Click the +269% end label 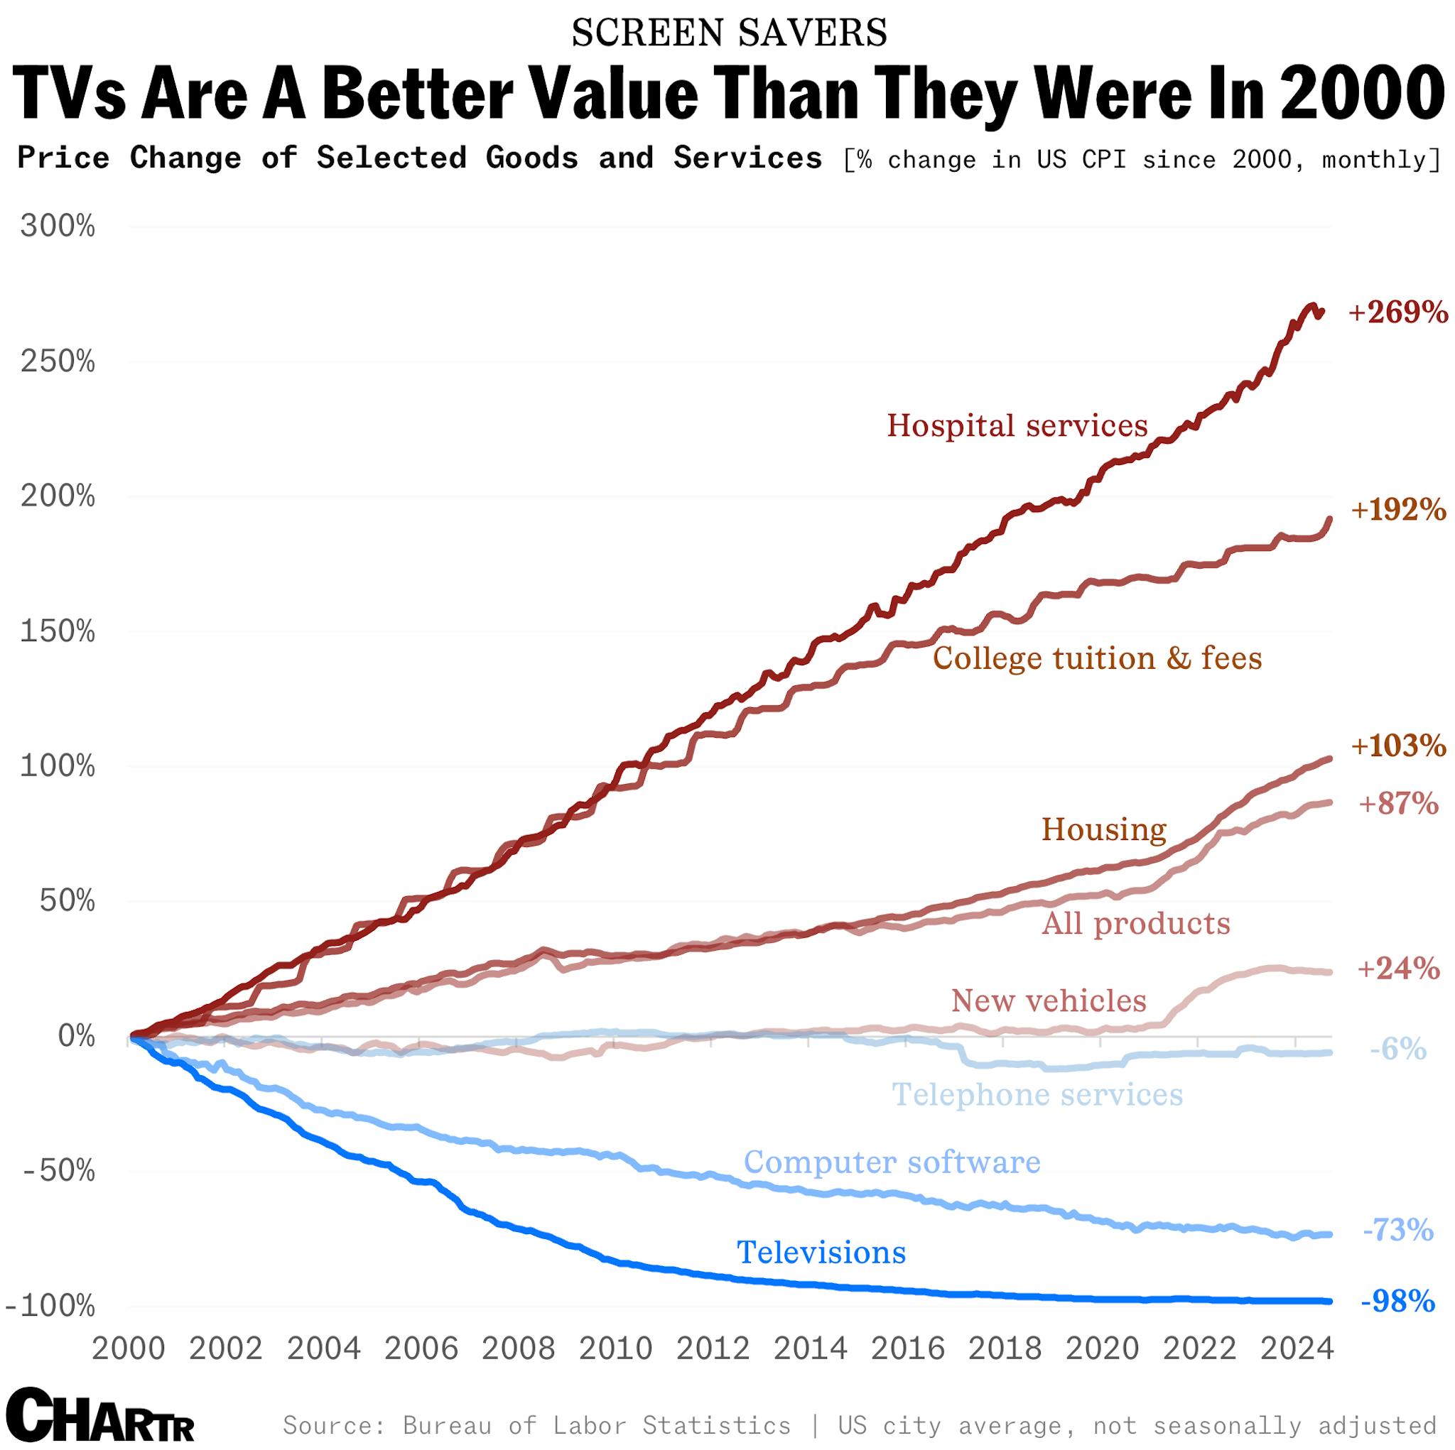point(1397,312)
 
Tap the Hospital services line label point(1017,426)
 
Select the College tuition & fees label point(1097,659)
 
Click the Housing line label point(1103,829)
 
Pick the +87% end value point(1397,804)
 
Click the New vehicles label point(1049,1001)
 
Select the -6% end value point(1397,1049)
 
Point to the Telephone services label point(1037,1095)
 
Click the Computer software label point(892,1162)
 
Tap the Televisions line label point(821,1253)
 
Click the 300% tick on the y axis point(58,226)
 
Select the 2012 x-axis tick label point(713,1348)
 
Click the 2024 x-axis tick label point(1297,1348)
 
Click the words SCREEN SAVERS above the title point(728,33)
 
